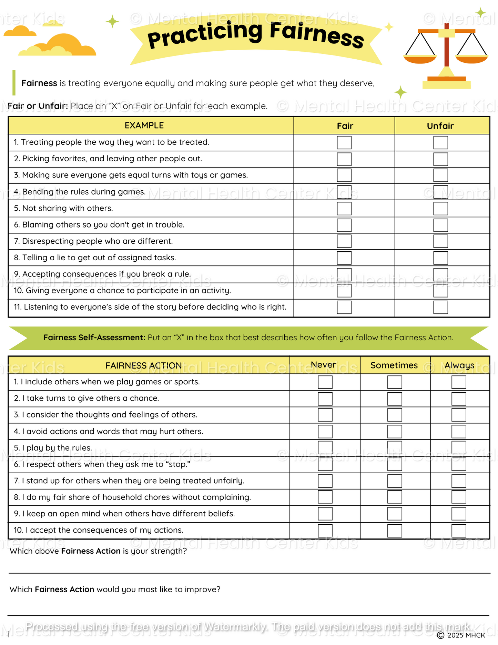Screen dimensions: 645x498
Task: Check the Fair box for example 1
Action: pyautogui.click(x=344, y=142)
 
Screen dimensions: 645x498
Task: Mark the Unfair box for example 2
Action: pyautogui.click(x=440, y=159)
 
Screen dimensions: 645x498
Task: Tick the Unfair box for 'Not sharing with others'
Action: pyautogui.click(x=440, y=209)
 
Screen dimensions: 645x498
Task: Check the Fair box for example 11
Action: pyautogui.click(x=344, y=307)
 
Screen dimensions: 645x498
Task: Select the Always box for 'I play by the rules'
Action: pyautogui.click(x=459, y=448)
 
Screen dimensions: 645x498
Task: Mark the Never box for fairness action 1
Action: pyautogui.click(x=325, y=382)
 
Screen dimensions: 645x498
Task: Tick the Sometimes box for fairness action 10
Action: pyautogui.click(x=395, y=530)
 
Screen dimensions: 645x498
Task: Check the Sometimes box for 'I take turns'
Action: pyautogui.click(x=395, y=399)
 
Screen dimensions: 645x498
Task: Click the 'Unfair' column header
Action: pyautogui.click(x=440, y=126)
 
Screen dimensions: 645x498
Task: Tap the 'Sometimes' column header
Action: pyautogui.click(x=394, y=365)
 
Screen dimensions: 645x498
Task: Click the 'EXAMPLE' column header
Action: pyautogui.click(x=144, y=125)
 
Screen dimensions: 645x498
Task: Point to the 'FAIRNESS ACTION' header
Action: pyautogui.click(x=143, y=365)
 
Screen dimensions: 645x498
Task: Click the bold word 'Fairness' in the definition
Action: pyautogui.click(x=39, y=83)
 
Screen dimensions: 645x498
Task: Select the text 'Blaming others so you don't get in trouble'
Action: pyautogui.click(x=103, y=225)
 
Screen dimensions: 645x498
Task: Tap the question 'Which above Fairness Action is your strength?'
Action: pyautogui.click(x=98, y=551)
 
